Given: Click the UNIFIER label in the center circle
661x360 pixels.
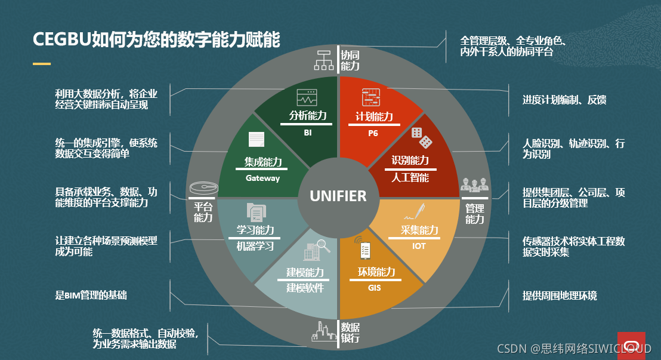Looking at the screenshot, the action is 338,196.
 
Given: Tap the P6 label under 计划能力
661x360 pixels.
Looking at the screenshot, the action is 373,133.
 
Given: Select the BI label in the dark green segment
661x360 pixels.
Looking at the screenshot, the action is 307,133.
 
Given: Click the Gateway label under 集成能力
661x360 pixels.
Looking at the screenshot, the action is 262,178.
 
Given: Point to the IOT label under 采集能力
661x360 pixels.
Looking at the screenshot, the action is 419,246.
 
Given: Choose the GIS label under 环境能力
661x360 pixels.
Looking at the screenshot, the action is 374,288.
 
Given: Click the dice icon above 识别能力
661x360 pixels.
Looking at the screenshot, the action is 421,137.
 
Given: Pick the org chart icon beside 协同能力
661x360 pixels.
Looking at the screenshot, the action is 325,60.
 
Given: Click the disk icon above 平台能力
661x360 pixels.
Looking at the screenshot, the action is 202,188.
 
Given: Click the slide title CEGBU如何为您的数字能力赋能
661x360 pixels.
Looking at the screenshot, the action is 156,40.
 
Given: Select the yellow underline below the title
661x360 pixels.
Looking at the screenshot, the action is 42,63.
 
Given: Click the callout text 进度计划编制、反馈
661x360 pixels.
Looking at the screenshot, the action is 564,100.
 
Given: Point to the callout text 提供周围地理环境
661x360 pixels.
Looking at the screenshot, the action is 560,296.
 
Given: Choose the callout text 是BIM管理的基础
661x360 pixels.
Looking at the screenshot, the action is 91,295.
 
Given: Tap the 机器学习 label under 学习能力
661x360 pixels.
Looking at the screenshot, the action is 255,246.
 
